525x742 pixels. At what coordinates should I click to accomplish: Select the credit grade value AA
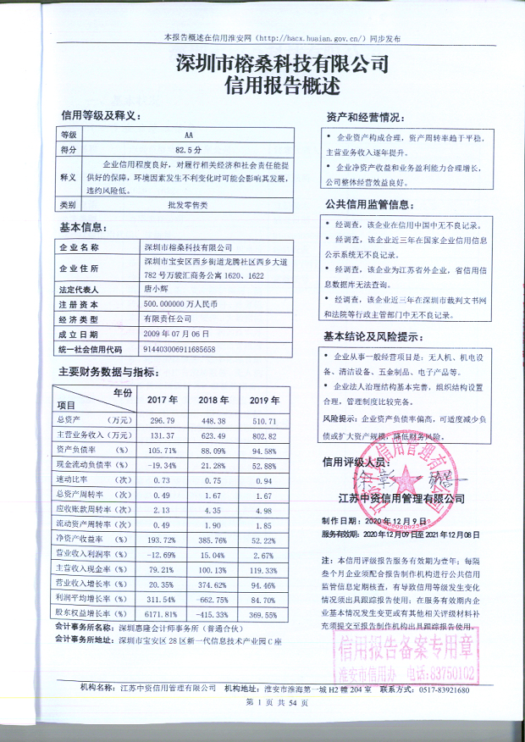pyautogui.click(x=188, y=135)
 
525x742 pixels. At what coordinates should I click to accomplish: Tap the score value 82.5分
pyautogui.click(x=187, y=149)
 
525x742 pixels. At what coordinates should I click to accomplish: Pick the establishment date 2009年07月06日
pyautogui.click(x=176, y=333)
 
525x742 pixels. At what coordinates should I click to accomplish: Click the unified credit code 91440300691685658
pyautogui.click(x=180, y=348)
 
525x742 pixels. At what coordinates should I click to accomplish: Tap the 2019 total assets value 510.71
pyautogui.click(x=265, y=420)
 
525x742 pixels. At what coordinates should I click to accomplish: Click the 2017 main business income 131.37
pyautogui.click(x=161, y=435)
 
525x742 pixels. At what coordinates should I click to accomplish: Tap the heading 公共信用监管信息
pyautogui.click(x=368, y=204)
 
